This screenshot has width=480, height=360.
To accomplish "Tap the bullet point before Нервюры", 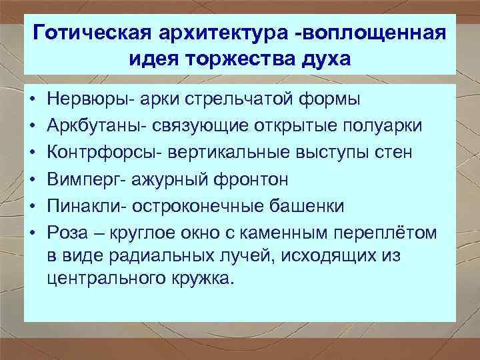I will [x=31, y=99].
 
